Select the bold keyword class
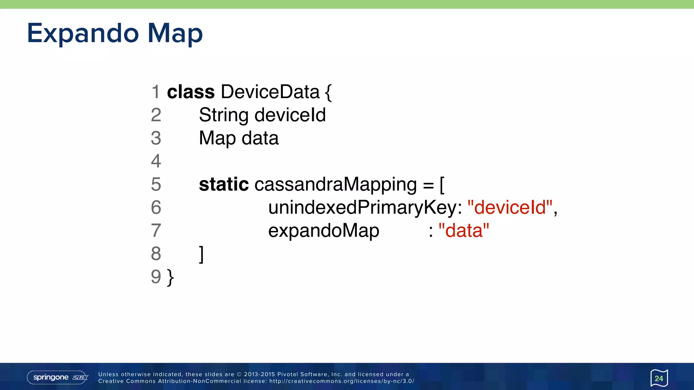coord(191,92)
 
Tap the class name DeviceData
coord(270,92)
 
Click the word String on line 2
coord(224,115)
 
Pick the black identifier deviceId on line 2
coord(290,115)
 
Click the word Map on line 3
coord(217,138)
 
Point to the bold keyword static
coord(224,185)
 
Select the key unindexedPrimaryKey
coord(363,208)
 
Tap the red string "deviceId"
coord(510,208)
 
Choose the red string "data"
coord(464,231)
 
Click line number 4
coord(156,161)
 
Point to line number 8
coord(156,254)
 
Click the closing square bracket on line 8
coord(201,254)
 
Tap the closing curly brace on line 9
coord(170,278)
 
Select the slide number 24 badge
coord(659,378)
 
